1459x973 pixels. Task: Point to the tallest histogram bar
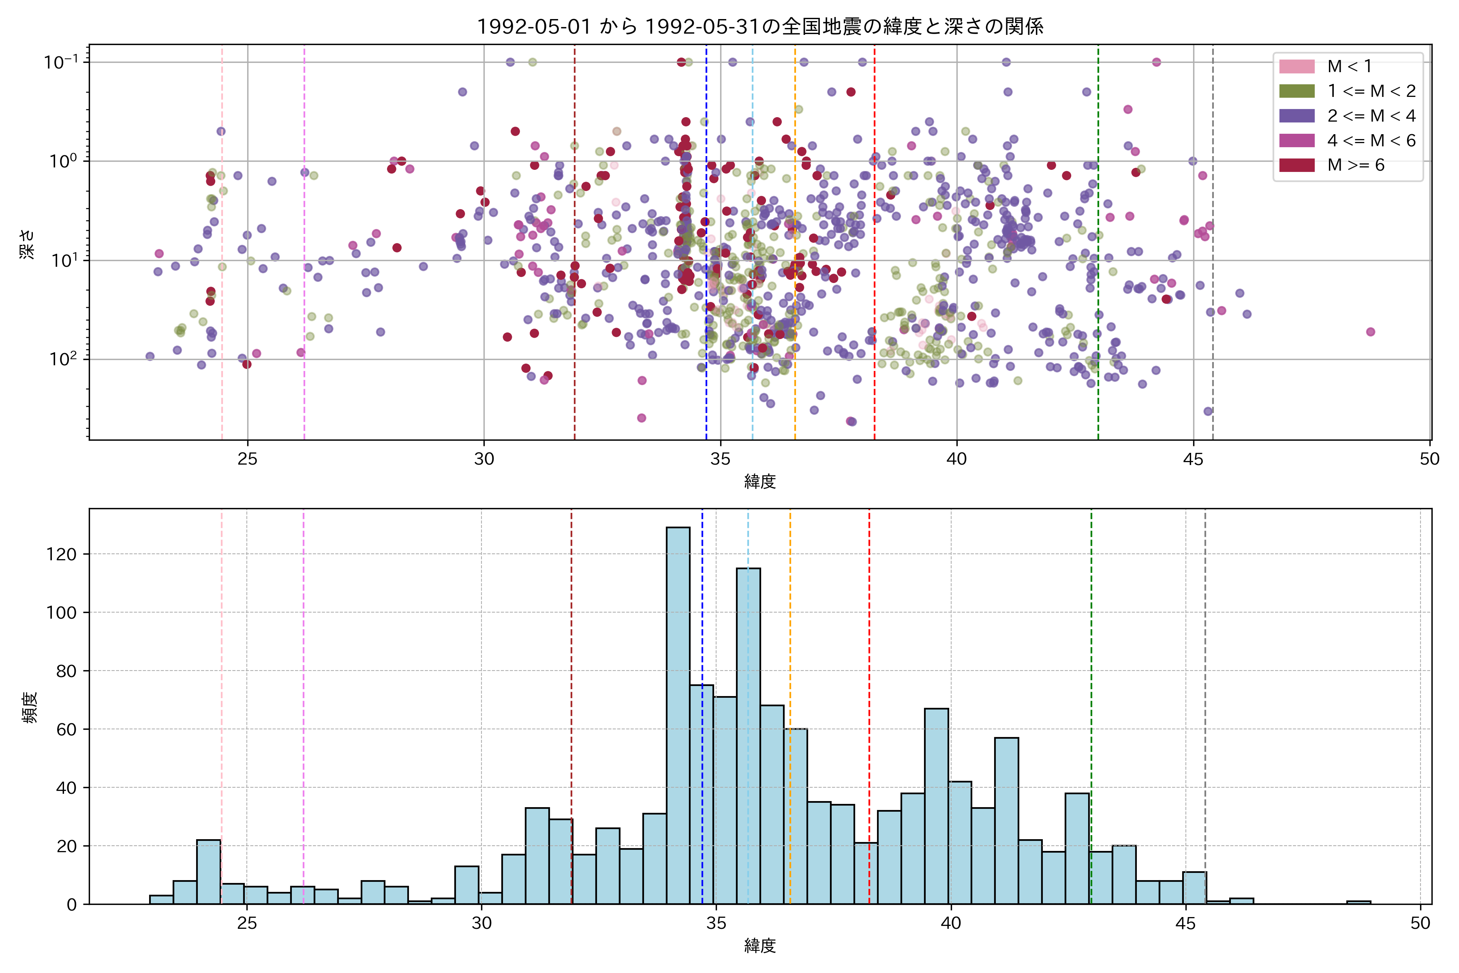[678, 714]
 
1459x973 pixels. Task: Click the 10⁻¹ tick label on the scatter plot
[61, 62]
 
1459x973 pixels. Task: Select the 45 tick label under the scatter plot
[1193, 460]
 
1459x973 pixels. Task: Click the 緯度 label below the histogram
[760, 946]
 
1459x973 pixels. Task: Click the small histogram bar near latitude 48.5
[1358, 902]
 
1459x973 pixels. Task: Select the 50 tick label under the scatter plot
[1429, 460]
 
